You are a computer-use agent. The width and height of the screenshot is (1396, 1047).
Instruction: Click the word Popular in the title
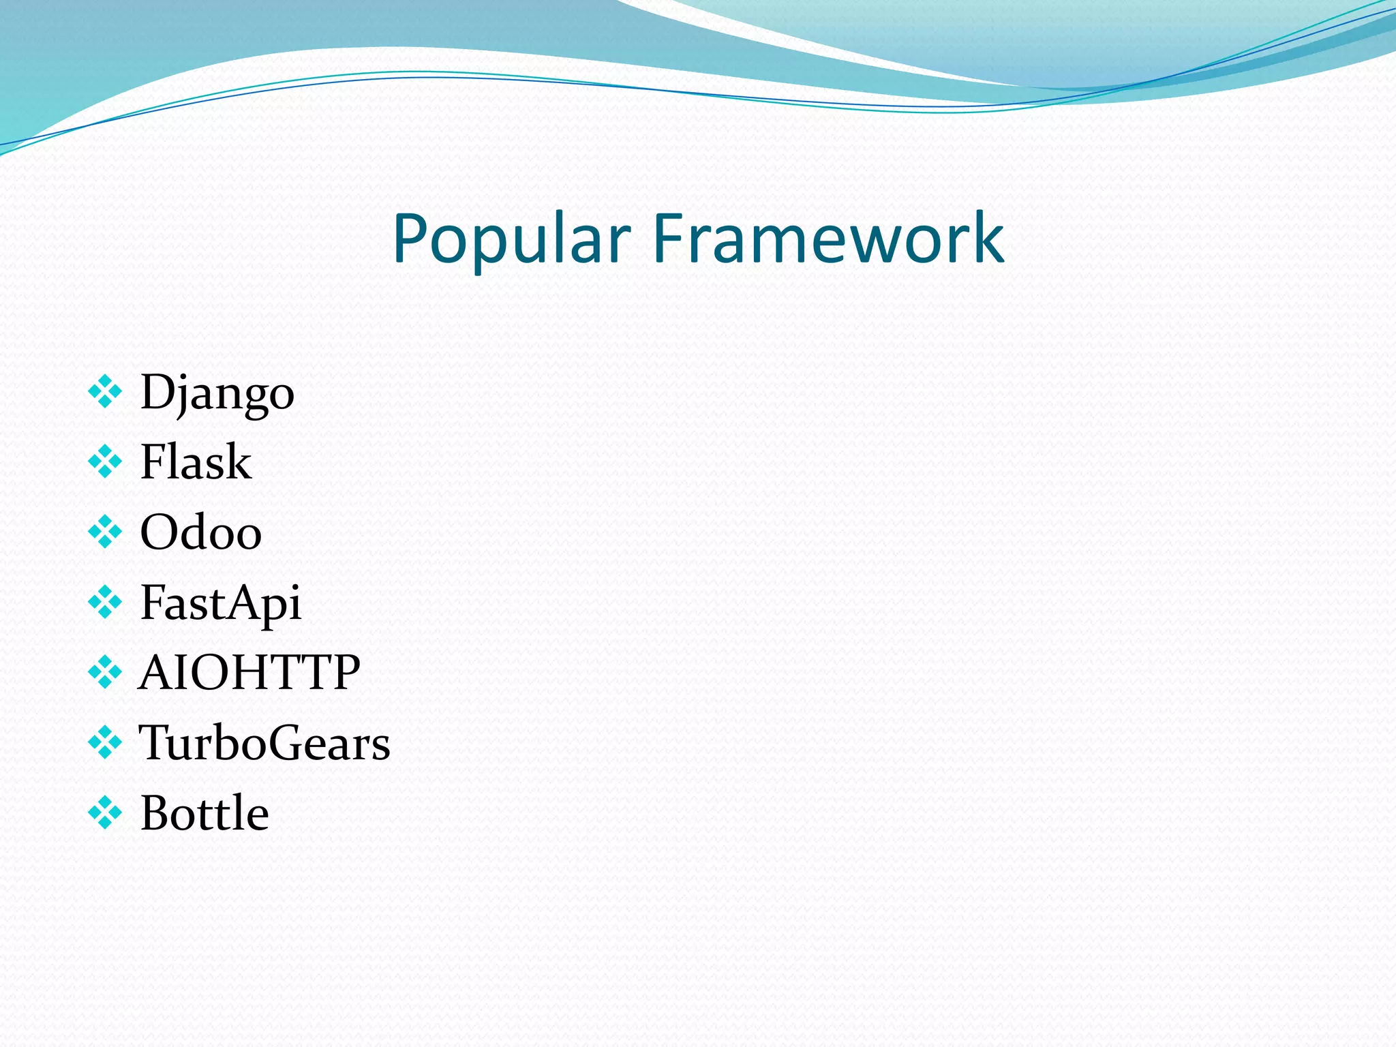[x=511, y=239]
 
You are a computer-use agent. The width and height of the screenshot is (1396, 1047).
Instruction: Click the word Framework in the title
[x=828, y=239]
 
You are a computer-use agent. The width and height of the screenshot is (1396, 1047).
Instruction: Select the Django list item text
[x=217, y=393]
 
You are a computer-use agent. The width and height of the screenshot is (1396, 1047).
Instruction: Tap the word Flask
[x=196, y=462]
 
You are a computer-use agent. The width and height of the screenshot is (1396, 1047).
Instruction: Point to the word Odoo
[x=200, y=532]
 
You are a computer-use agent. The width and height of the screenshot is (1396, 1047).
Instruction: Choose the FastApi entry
[x=220, y=603]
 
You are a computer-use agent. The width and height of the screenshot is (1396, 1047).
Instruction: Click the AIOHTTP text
[x=249, y=673]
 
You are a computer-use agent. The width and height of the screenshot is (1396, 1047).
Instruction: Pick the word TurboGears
[x=264, y=743]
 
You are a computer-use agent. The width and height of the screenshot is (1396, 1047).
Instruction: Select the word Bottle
[x=204, y=813]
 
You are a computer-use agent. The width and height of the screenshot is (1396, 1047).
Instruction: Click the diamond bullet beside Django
[x=105, y=392]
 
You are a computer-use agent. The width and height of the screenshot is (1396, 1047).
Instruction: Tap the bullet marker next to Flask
[x=105, y=461]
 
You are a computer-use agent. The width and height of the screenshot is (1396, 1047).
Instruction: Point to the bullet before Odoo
[x=105, y=532]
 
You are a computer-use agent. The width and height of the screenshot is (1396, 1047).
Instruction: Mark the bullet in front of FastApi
[x=105, y=602]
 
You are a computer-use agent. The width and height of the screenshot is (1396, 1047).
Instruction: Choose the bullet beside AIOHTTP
[x=105, y=672]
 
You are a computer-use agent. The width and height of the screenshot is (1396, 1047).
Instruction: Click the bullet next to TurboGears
[x=105, y=742]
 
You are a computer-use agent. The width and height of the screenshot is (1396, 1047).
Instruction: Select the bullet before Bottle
[x=105, y=813]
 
